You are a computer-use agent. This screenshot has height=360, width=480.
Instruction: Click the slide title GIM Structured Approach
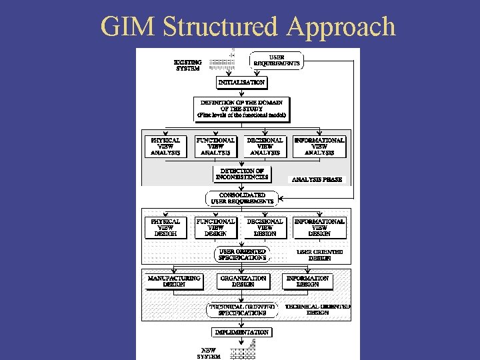247,27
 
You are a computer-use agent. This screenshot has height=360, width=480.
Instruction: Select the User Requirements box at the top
277,61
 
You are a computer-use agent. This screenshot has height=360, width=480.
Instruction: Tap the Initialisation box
241,83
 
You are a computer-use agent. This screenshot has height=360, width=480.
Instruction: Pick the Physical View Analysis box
165,147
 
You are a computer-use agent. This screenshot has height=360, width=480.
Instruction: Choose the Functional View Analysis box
215,147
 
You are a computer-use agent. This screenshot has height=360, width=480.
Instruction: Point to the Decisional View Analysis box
265,147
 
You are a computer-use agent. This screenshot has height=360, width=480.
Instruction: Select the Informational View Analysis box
319,147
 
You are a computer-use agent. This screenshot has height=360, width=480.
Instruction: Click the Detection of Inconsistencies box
243,174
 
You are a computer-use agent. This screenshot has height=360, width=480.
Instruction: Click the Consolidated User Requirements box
242,198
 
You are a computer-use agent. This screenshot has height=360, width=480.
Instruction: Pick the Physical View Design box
165,227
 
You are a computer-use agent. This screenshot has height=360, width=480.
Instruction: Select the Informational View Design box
319,227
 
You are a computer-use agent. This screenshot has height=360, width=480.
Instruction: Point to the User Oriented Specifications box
242,254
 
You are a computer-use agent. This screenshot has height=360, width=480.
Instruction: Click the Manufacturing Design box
174,281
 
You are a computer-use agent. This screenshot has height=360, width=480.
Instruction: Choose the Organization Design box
243,281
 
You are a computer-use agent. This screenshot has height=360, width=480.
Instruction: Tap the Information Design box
307,281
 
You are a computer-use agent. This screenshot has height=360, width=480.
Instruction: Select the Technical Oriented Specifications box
241,309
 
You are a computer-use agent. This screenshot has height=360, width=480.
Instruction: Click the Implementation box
241,332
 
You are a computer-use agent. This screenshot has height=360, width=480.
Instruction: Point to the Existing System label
187,65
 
